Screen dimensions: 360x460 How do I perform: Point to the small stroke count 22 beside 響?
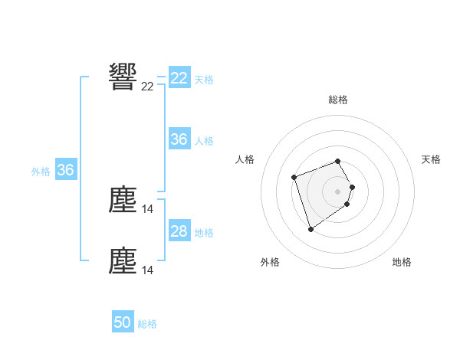[147, 87]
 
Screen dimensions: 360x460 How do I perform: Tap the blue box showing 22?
[179, 78]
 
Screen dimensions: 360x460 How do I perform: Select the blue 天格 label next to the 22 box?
[204, 79]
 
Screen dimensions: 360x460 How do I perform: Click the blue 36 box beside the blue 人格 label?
[179, 139]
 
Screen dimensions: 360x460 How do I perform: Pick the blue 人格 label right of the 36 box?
[204, 141]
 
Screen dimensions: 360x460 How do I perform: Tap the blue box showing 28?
[179, 231]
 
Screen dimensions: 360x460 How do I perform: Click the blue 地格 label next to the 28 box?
[204, 233]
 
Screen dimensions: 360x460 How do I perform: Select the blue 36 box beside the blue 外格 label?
[65, 170]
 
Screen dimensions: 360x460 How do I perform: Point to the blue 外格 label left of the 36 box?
[41, 172]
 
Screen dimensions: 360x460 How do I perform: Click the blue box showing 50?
[123, 322]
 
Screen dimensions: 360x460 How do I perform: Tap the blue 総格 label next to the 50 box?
[147, 324]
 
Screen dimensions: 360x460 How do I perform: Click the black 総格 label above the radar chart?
[338, 100]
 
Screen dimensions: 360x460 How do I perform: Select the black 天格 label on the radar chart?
[431, 159]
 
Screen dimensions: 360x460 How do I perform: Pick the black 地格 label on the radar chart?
[402, 262]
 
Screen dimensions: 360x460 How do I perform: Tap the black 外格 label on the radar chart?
[270, 262]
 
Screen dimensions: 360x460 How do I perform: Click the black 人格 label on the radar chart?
[245, 159]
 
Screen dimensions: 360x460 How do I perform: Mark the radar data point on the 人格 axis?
[294, 178]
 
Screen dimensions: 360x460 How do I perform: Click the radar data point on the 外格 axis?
[310, 229]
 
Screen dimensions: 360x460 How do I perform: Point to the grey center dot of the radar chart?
[338, 191]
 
